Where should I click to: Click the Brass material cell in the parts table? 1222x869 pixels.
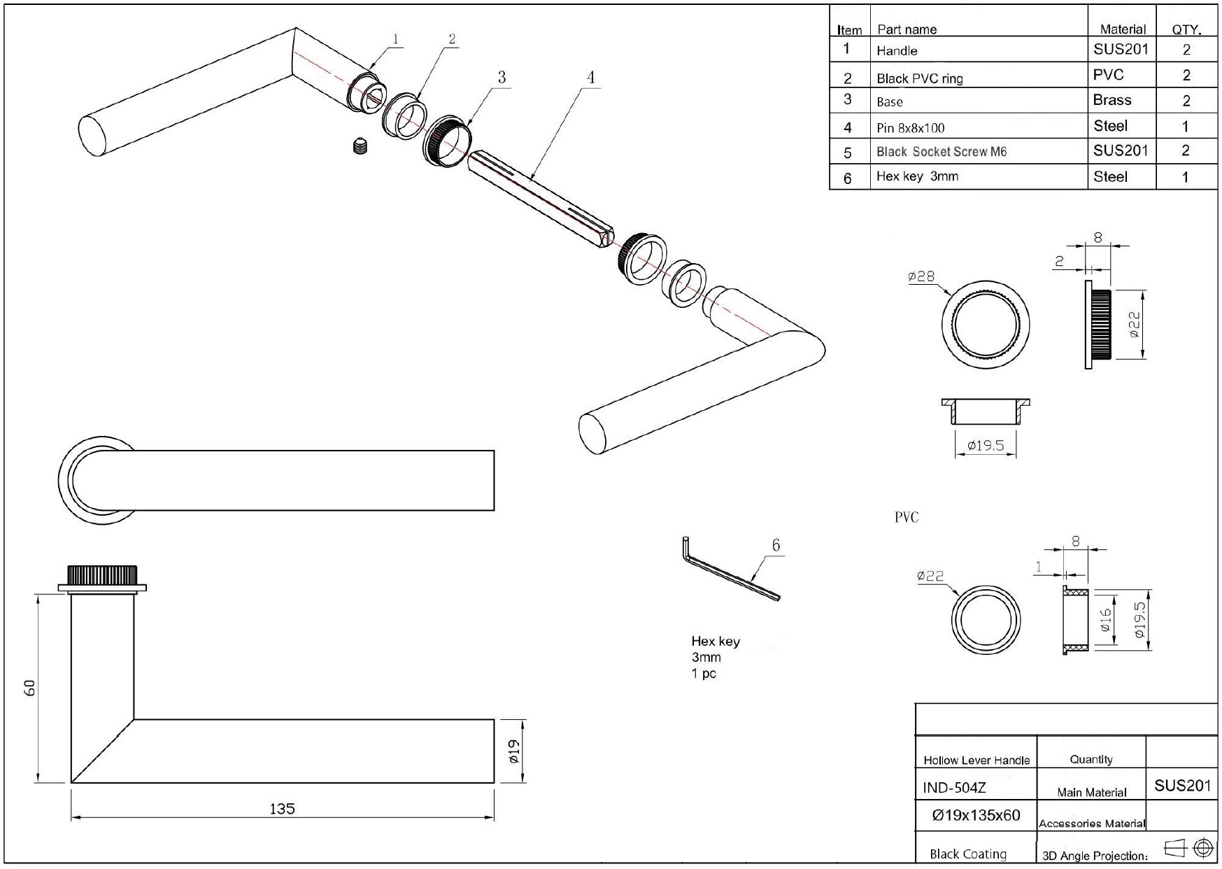click(x=1111, y=100)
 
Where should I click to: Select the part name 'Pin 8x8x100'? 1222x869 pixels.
click(x=910, y=127)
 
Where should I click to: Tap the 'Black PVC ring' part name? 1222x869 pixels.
click(x=919, y=78)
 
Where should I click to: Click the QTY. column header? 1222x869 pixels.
click(x=1186, y=29)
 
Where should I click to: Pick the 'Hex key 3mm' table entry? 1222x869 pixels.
click(x=916, y=176)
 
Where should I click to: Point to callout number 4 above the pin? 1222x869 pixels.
click(x=590, y=77)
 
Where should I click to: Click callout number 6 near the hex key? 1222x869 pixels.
click(x=776, y=545)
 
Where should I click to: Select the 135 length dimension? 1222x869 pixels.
click(x=282, y=809)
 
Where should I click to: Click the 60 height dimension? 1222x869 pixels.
click(x=29, y=687)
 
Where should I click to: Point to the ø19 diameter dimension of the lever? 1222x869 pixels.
click(x=513, y=751)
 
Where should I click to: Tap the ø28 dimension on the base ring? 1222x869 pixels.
click(x=921, y=276)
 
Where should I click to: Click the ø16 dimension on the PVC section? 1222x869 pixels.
click(x=1106, y=620)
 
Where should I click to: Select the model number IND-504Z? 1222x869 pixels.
click(x=954, y=788)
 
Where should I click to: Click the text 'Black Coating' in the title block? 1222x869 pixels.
click(x=967, y=854)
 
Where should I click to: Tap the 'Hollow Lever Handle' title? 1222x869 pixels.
click(x=976, y=760)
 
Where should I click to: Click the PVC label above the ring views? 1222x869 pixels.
click(x=906, y=517)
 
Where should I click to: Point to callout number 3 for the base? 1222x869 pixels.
click(x=501, y=77)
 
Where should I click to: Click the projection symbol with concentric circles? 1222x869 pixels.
click(x=1203, y=848)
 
